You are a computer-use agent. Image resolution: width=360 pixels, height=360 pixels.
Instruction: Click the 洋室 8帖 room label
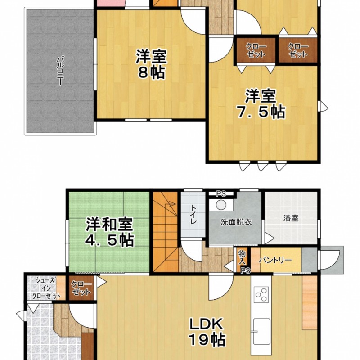(x=151, y=64)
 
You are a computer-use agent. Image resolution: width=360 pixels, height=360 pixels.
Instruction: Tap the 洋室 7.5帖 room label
(x=261, y=104)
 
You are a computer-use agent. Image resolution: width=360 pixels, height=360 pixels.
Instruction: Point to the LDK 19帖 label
(x=207, y=332)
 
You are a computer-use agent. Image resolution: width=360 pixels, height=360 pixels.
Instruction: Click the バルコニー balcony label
(x=60, y=71)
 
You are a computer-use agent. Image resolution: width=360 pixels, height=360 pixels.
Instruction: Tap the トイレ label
(x=193, y=215)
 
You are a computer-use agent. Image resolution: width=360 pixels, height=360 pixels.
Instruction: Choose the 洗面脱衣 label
(x=236, y=222)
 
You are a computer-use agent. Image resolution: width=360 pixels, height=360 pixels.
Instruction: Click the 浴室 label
(x=291, y=218)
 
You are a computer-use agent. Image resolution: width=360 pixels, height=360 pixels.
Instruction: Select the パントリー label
(x=275, y=260)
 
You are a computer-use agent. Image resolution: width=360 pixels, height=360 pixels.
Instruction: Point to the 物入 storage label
(x=242, y=257)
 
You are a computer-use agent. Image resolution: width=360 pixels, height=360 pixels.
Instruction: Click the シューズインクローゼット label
(x=46, y=288)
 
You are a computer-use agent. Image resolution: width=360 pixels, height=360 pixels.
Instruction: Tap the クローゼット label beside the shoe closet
(x=81, y=288)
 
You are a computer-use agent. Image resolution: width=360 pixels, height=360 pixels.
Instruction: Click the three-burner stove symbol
(x=261, y=294)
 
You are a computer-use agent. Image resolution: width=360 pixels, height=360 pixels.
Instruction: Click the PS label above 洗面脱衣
(x=221, y=194)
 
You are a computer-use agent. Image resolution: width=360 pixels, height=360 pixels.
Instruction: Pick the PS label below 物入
(x=246, y=271)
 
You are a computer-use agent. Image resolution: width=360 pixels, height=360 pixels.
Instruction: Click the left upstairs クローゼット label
(x=256, y=50)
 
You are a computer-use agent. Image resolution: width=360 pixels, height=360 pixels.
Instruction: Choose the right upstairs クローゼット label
(x=298, y=50)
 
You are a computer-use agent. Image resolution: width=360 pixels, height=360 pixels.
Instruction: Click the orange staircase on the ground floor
(x=166, y=232)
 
